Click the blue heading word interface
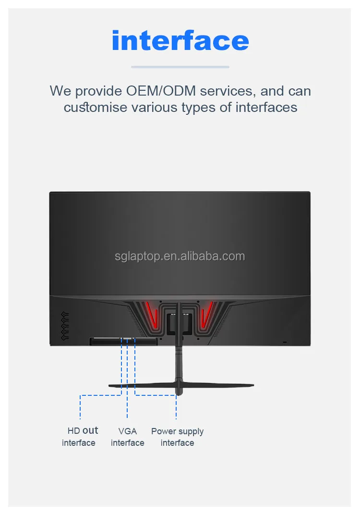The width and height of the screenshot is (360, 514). click(180, 40)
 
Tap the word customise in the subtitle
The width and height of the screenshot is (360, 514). click(96, 108)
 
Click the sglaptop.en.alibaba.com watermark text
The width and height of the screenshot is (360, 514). click(180, 256)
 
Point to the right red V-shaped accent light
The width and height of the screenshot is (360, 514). click(207, 314)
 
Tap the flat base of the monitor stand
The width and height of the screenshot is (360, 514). click(181, 386)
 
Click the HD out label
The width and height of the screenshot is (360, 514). click(83, 430)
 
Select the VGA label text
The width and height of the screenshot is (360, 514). click(127, 431)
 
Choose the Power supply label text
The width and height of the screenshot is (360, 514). click(177, 431)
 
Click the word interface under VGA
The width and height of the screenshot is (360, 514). click(127, 443)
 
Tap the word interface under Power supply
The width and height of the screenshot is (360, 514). click(177, 443)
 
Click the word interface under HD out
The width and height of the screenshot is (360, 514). click(79, 443)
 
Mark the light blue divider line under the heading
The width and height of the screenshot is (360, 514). click(180, 67)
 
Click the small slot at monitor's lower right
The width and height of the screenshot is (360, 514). click(284, 343)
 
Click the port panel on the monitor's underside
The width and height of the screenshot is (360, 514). click(123, 341)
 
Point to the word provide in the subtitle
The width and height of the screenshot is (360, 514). click(98, 91)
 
